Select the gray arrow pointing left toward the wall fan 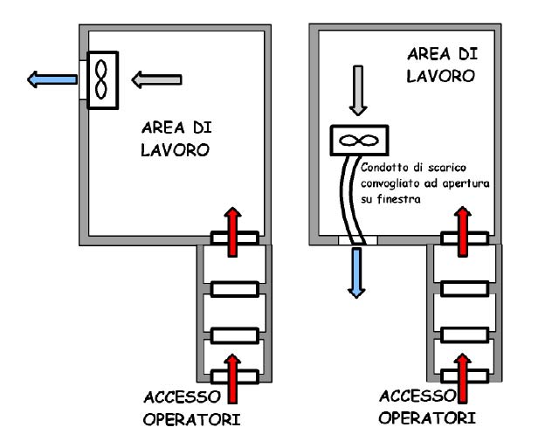(x=156, y=80)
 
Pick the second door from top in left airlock (x=231, y=286)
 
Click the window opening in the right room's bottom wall (x=356, y=238)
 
